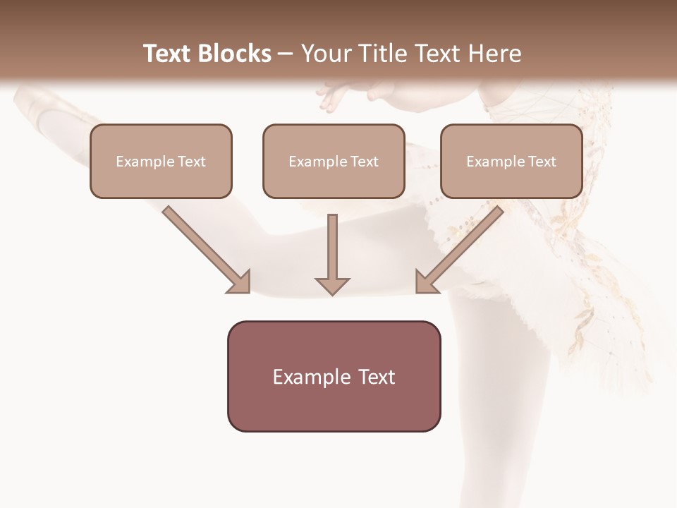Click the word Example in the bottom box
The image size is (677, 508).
[301, 377]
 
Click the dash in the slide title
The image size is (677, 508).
[286, 54]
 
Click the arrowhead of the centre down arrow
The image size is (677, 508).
[332, 284]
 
